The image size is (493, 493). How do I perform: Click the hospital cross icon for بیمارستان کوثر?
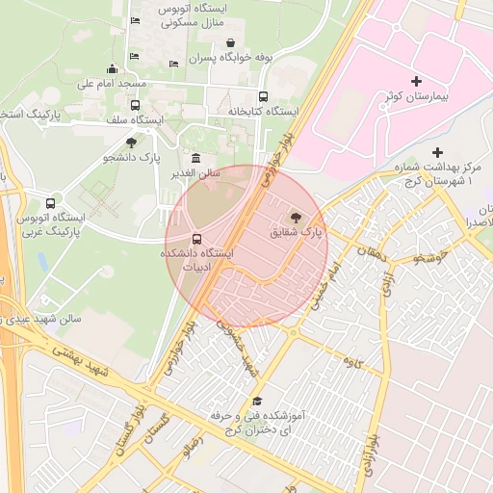pos(416,82)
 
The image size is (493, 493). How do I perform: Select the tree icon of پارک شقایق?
pos(295,217)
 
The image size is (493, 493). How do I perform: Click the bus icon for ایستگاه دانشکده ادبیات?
pos(197,238)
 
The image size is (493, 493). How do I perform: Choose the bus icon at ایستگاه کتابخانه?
pos(263,96)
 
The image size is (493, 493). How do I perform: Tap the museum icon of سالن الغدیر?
pos(196,158)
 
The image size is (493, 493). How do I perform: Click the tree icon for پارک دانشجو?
pos(131,143)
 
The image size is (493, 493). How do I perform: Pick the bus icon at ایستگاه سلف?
pos(135,105)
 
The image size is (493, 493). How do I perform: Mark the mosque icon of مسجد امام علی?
pos(112,68)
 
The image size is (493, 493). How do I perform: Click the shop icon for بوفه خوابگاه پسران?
pos(230,42)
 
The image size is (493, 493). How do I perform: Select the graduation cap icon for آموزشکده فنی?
pos(256,402)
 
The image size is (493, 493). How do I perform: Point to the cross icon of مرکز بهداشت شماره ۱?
pos(437,152)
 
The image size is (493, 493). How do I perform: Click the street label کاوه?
pos(351,362)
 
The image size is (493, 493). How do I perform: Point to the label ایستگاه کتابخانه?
pos(259,112)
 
